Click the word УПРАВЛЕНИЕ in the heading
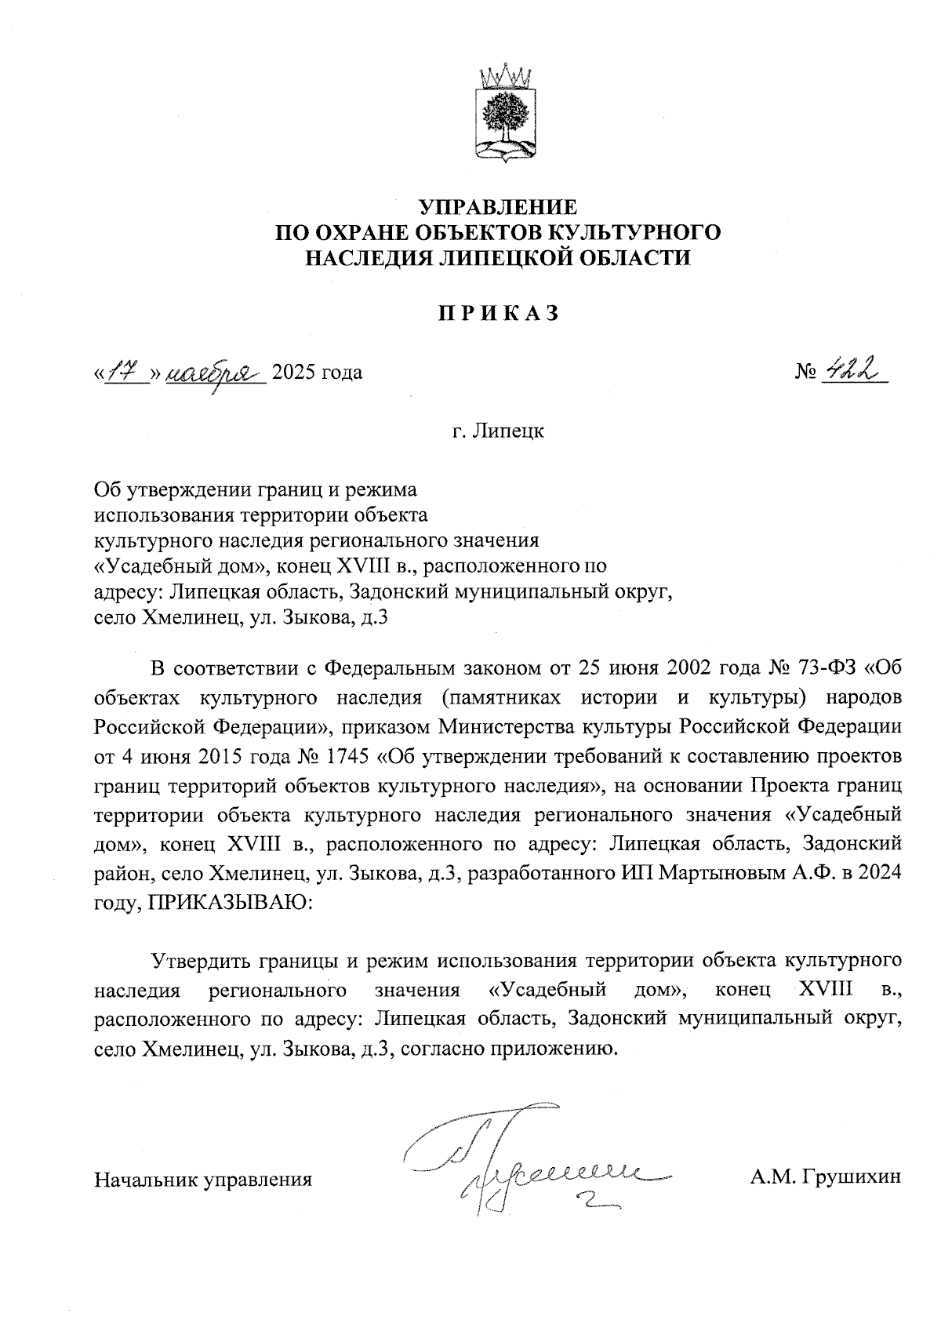[x=499, y=208]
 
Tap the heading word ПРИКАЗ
[x=498, y=313]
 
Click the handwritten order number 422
[x=851, y=369]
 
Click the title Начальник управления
[x=203, y=1178]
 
